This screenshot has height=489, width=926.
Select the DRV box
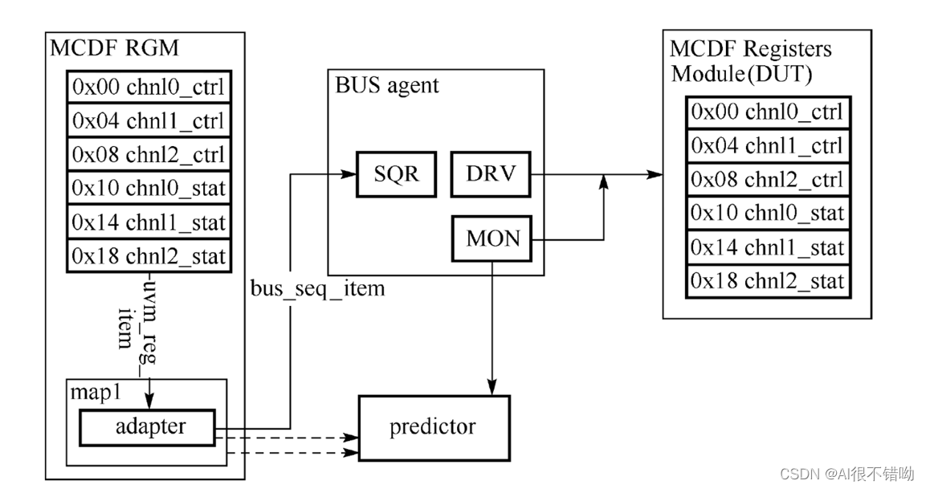coord(490,174)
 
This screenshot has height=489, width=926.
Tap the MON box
coord(492,238)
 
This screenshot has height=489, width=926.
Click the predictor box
coord(433,427)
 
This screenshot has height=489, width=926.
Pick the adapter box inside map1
coord(148,427)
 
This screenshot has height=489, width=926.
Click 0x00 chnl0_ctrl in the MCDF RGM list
coord(149,88)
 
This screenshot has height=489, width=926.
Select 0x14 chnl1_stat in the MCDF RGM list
coord(149,222)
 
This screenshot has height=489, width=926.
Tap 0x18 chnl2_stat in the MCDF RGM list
coord(149,256)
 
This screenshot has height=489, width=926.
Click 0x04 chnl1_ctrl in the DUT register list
coord(768,145)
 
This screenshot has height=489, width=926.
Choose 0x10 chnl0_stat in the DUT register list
coord(768,213)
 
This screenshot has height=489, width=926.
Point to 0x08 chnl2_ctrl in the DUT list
coord(768,179)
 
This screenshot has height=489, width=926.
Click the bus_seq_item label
coord(316,288)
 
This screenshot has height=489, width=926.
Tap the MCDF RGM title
coord(114,49)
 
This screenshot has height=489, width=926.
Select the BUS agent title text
coord(387,85)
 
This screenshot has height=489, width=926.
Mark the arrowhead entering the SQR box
coord(350,174)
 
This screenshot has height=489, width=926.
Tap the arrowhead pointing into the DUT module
coord(657,174)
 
